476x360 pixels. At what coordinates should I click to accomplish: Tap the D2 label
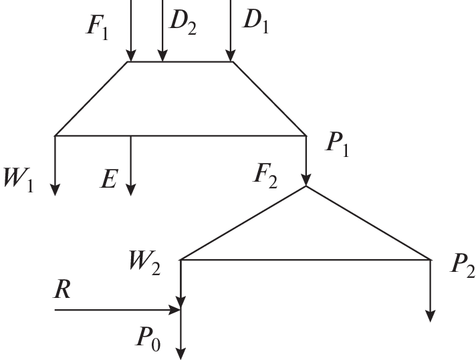(182, 23)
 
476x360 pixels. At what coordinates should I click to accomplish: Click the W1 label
(20, 181)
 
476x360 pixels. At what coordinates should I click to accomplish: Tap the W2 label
(145, 262)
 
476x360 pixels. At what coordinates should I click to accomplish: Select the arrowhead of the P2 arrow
(431, 315)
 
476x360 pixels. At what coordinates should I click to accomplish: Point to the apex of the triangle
(306, 186)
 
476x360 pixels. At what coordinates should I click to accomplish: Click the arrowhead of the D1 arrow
(231, 55)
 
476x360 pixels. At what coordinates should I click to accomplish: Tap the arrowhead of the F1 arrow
(130, 55)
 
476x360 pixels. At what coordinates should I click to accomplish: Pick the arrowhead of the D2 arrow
(162, 55)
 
